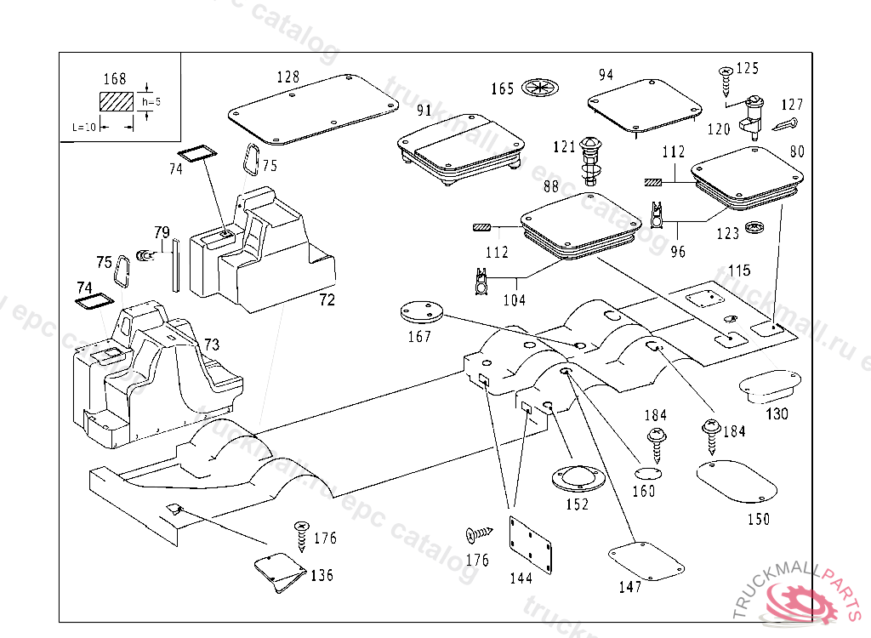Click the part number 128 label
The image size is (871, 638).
point(287,77)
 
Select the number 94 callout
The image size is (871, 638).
point(605,75)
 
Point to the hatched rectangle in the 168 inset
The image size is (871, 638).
point(117,101)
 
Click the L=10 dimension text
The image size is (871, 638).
point(84,127)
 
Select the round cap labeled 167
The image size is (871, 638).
point(422,312)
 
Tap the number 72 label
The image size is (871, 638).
point(327,299)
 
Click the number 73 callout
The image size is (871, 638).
point(212,344)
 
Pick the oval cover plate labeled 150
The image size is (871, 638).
point(737,481)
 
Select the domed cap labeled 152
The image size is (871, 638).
point(576,478)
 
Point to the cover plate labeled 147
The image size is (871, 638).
point(646,560)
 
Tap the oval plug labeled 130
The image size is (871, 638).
point(770,385)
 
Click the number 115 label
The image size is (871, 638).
point(739,271)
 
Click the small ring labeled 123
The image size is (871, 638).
point(753,229)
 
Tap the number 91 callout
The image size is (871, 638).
point(424,111)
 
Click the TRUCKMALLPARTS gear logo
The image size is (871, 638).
point(800,602)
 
